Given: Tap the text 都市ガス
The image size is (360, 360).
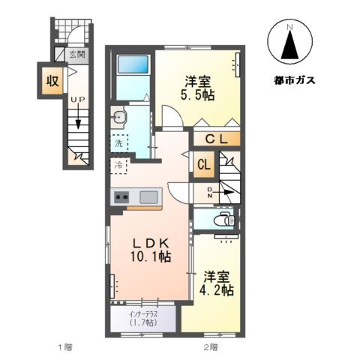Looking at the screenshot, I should point(289,79).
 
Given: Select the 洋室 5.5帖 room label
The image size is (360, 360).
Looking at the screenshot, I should point(196,88).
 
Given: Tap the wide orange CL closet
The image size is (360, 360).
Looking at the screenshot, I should point(216,139).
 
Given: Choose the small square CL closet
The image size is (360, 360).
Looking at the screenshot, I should point(202,165).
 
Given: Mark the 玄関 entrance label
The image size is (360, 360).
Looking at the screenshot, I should point(77,54).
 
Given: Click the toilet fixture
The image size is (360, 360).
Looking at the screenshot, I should point(223,220).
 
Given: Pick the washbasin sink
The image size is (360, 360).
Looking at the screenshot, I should point(119,116).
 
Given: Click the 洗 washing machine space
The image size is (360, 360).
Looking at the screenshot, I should point(118,142).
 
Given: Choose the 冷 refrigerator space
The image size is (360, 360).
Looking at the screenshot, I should point(118,163).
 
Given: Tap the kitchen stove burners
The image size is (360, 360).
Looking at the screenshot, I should point(121,197).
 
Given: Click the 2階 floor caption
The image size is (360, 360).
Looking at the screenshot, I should point(209,347).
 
